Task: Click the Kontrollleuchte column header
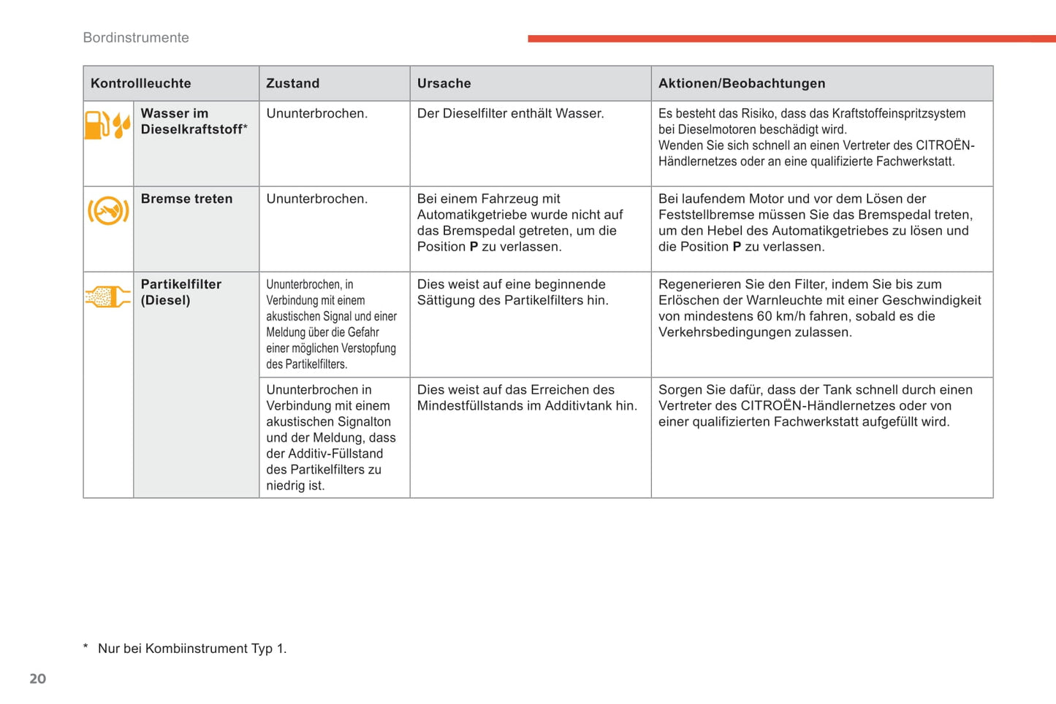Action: tap(141, 83)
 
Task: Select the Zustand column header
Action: tap(293, 83)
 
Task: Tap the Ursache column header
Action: tap(444, 83)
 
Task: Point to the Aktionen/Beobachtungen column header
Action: tap(742, 83)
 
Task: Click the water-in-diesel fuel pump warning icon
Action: tap(107, 125)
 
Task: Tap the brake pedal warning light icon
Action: tap(108, 211)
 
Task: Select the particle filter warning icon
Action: tap(107, 296)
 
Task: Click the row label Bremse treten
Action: tap(186, 199)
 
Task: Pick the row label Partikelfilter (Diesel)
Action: tap(181, 292)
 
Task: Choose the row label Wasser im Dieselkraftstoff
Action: tap(193, 121)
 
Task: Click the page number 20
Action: tap(37, 679)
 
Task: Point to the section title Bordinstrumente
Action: tap(136, 38)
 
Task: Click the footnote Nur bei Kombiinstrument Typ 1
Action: tap(191, 648)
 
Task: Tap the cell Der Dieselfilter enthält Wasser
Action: tap(510, 113)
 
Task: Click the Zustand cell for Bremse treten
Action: tap(316, 199)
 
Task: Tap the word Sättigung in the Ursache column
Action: tap(448, 300)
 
